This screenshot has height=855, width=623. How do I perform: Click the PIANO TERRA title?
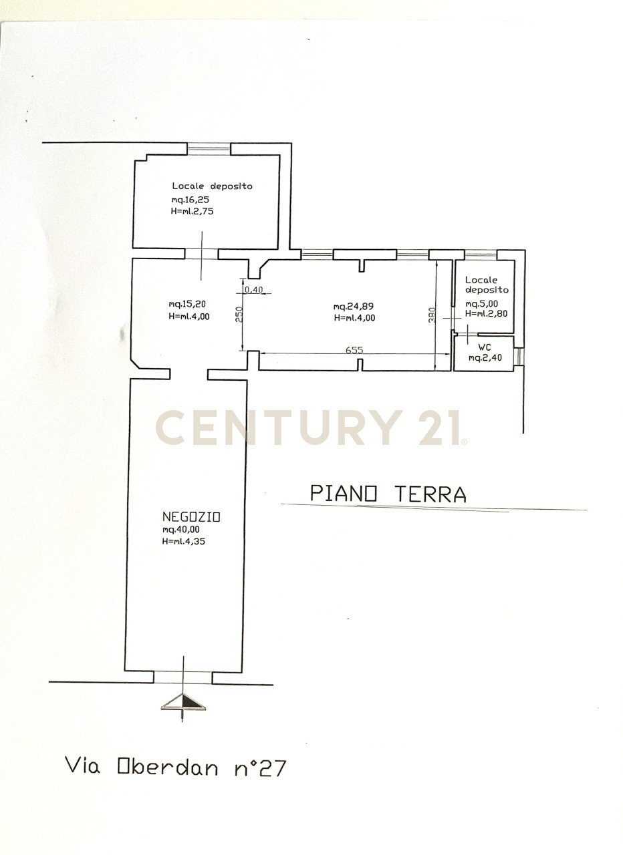pos(388,494)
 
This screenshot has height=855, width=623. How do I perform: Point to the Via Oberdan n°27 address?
pos(175,766)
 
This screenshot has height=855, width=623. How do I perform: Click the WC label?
pos(484,347)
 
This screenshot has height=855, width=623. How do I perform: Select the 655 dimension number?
pos(354,349)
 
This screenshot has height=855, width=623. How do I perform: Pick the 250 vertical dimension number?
pos(238,314)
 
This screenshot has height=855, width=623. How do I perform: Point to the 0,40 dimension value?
pos(255,290)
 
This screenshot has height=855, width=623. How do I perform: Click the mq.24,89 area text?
pos(354,307)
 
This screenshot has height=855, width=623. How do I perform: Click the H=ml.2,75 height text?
pos(192,210)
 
